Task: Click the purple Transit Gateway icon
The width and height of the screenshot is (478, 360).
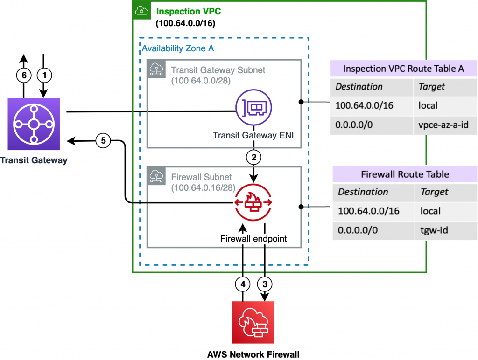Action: (x=33, y=124)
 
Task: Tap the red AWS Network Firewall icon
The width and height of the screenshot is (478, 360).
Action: (x=253, y=322)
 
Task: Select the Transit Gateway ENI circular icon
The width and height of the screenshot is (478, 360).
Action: (x=253, y=108)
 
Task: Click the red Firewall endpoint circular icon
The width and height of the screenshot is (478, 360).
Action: (x=253, y=202)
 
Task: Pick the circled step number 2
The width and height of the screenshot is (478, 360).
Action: (x=253, y=157)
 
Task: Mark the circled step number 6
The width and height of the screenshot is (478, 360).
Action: (x=23, y=74)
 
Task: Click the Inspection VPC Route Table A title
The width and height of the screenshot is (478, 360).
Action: (x=403, y=69)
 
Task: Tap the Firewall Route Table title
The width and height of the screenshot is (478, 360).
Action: (x=405, y=174)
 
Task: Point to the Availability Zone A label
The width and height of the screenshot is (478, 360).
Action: (x=177, y=48)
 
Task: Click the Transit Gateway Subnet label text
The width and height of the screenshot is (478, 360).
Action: (x=218, y=70)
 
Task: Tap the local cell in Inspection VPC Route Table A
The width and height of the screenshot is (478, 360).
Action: (x=428, y=105)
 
